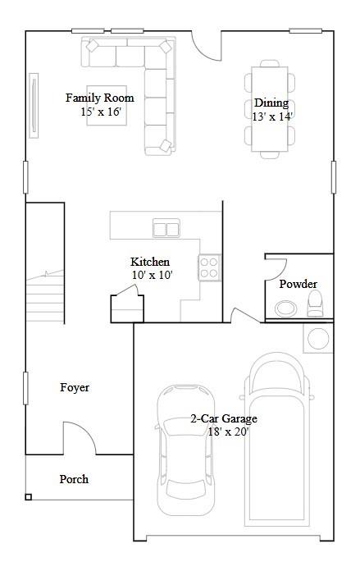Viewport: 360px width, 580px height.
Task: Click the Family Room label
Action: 100,98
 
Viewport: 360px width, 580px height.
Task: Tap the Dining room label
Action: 271,103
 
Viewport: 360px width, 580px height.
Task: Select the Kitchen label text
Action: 150,262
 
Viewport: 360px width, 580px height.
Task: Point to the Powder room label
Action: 298,284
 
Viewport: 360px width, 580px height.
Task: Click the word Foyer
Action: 75,387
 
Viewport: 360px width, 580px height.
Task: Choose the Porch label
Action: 75,479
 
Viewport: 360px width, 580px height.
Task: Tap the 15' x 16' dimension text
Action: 101,112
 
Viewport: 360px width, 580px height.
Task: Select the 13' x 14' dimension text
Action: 272,116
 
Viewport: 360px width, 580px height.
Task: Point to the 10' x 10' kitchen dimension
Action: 152,276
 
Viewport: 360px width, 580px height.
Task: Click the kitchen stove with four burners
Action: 209,267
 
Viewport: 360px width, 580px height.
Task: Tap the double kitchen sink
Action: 166,229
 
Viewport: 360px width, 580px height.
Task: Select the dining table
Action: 270,107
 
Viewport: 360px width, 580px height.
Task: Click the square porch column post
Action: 29,496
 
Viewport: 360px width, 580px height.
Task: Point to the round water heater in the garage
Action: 317,336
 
